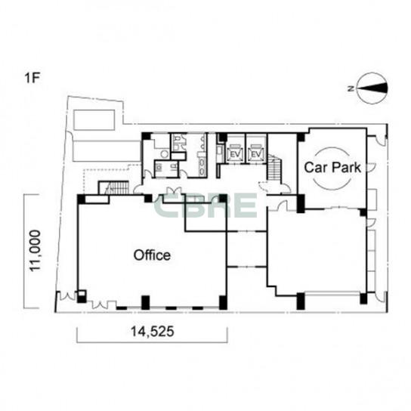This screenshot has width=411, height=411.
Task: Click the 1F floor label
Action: pos(32,78)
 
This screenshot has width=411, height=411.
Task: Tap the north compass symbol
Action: pos(372,88)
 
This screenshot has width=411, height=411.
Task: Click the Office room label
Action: pos(152,255)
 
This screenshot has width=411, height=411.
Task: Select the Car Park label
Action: pos(332,167)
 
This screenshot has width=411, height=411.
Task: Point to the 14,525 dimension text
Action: pos(153,332)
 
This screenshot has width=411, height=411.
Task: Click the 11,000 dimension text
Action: pos(35,251)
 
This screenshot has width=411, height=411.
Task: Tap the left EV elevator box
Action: pos(235,153)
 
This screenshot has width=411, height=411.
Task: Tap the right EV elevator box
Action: pos(256,153)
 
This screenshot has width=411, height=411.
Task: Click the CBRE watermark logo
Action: pos(205,205)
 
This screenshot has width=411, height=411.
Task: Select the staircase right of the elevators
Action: pos(273,167)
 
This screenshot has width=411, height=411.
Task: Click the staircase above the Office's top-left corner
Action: pos(114,187)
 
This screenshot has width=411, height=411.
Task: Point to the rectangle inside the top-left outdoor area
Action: pos(94,120)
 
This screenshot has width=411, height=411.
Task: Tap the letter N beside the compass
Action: pos(351,88)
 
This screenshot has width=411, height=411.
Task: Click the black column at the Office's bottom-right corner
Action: pos(223,302)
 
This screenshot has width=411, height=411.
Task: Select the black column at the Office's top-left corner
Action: pos(82,199)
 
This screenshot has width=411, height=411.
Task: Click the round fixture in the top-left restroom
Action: pos(165,154)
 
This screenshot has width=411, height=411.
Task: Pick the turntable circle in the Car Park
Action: pos(332,168)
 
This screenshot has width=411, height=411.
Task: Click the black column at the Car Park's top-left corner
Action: pos(301,137)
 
